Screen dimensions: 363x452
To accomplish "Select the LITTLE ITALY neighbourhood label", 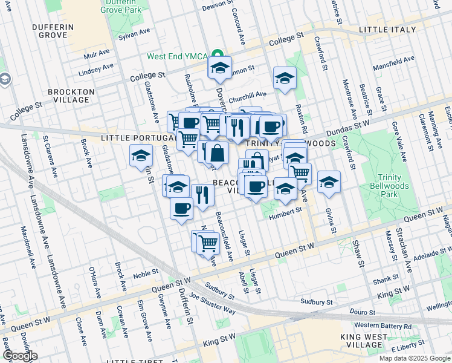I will [x=387, y=29].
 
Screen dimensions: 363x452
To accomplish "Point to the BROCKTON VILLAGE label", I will [x=71, y=96].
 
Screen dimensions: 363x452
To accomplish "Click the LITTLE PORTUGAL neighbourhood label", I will [x=132, y=138].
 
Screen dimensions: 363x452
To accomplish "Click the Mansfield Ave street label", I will [x=393, y=62].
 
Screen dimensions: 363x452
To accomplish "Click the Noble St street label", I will [x=145, y=273].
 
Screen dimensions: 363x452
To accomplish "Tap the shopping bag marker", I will [x=218, y=152].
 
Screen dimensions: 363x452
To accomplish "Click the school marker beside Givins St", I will [x=329, y=181].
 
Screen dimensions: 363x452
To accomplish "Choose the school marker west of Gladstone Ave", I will [x=141, y=156].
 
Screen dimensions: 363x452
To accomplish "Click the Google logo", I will [x=19, y=356].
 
